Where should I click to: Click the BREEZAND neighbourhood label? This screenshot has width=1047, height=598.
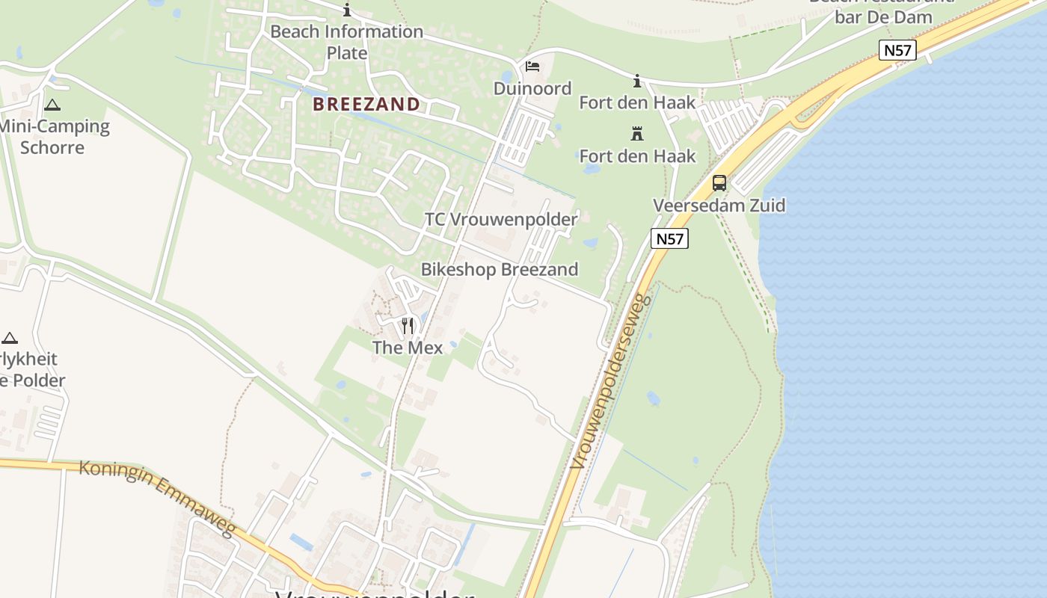366,104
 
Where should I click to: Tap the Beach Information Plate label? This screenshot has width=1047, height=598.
346,42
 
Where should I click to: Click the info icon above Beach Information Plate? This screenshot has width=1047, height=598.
346,10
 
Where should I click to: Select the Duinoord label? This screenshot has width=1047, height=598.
532,88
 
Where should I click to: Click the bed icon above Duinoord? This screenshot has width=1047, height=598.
532,67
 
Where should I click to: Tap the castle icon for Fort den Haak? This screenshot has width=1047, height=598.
637,134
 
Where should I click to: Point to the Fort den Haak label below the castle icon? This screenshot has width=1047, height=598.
637,155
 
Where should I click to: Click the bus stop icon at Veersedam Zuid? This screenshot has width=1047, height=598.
719,182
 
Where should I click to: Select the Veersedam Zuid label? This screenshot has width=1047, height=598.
719,205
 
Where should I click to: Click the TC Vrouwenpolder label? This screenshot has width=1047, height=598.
501,219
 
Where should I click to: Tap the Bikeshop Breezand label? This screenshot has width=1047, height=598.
500,269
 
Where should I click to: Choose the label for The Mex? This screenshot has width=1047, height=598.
408,348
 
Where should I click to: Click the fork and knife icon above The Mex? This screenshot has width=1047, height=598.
408,325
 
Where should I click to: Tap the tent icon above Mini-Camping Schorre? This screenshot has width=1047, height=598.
52,105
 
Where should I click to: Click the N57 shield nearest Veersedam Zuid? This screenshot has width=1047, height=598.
669,238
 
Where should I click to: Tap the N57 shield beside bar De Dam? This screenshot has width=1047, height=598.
897,50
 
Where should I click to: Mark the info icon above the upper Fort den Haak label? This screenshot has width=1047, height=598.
637,81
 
